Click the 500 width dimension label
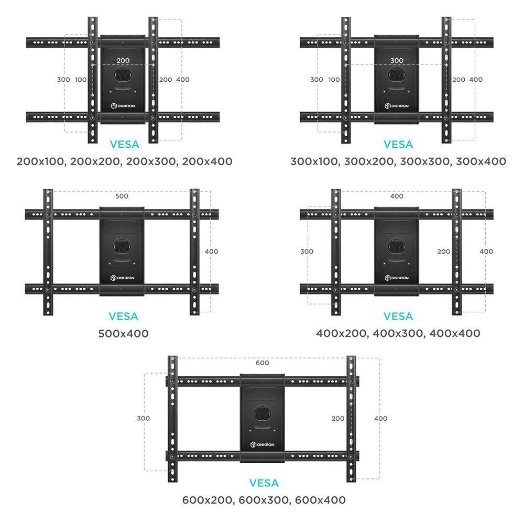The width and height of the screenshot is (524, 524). pyautogui.click(x=122, y=196)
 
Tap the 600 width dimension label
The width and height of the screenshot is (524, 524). pyautogui.click(x=262, y=363)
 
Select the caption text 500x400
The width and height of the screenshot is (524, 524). pyautogui.click(x=123, y=333)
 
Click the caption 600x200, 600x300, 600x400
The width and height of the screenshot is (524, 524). pyautogui.click(x=264, y=500)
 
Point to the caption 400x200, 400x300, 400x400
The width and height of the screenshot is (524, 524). pyautogui.click(x=398, y=333)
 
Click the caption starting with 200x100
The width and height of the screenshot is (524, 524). pyautogui.click(x=124, y=161)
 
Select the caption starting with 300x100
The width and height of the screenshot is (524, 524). pyautogui.click(x=398, y=161)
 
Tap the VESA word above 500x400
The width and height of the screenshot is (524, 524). pyautogui.click(x=123, y=316)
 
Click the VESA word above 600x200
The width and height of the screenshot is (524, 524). pyautogui.click(x=264, y=483)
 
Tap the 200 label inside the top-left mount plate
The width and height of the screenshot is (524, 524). pyautogui.click(x=123, y=60)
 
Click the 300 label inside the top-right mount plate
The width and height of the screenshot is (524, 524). pyautogui.click(x=397, y=60)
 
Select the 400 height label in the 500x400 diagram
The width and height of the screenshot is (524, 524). pyautogui.click(x=211, y=252)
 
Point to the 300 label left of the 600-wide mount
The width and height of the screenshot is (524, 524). pyautogui.click(x=143, y=418)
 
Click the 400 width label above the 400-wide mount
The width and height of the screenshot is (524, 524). pyautogui.click(x=397, y=196)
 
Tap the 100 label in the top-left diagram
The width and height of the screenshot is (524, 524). pyautogui.click(x=81, y=80)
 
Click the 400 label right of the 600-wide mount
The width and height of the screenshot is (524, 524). pyautogui.click(x=381, y=418)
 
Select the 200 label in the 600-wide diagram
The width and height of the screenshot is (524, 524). pyautogui.click(x=338, y=418)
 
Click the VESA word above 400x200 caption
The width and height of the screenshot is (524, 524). pyautogui.click(x=398, y=316)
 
